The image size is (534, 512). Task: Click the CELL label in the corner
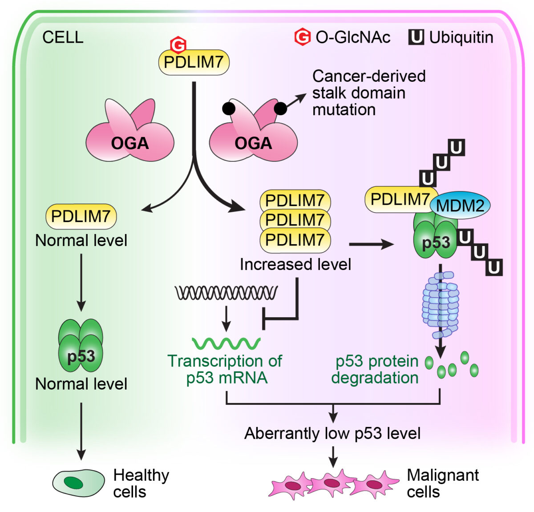tap(63, 37)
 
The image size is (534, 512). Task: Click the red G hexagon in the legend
tap(302, 37)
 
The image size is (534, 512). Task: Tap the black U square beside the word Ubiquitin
tap(416, 37)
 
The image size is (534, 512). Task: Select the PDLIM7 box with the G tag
tap(194, 62)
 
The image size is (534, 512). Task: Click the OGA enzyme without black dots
tap(129, 133)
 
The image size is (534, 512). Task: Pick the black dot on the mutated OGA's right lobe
tap(280, 109)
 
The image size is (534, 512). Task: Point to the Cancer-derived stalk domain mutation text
tap(368, 93)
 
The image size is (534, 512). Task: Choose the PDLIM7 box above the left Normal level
tap(81, 216)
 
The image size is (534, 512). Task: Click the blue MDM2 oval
tap(460, 206)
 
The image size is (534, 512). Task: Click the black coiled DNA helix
tap(226, 293)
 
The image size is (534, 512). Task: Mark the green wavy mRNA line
tap(226, 343)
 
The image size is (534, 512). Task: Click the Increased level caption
tap(295, 265)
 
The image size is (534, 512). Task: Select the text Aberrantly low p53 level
tap(332, 433)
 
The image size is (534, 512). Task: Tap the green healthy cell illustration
tap(78, 483)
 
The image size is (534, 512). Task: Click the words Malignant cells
tap(443, 484)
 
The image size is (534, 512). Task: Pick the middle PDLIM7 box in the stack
tap(295, 220)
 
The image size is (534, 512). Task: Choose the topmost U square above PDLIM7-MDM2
tap(457, 147)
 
